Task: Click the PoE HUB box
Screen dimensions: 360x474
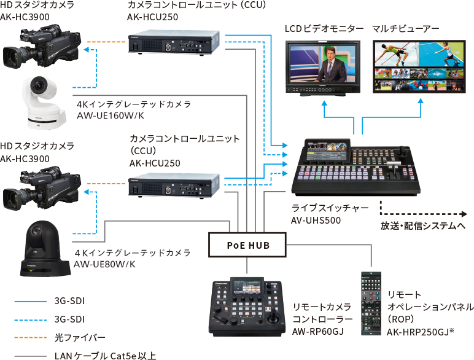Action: [x=247, y=245]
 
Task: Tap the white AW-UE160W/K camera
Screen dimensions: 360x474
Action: [x=43, y=101]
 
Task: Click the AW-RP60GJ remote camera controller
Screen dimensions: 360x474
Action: [x=248, y=309]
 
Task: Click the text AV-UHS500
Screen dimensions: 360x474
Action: [x=317, y=219]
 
